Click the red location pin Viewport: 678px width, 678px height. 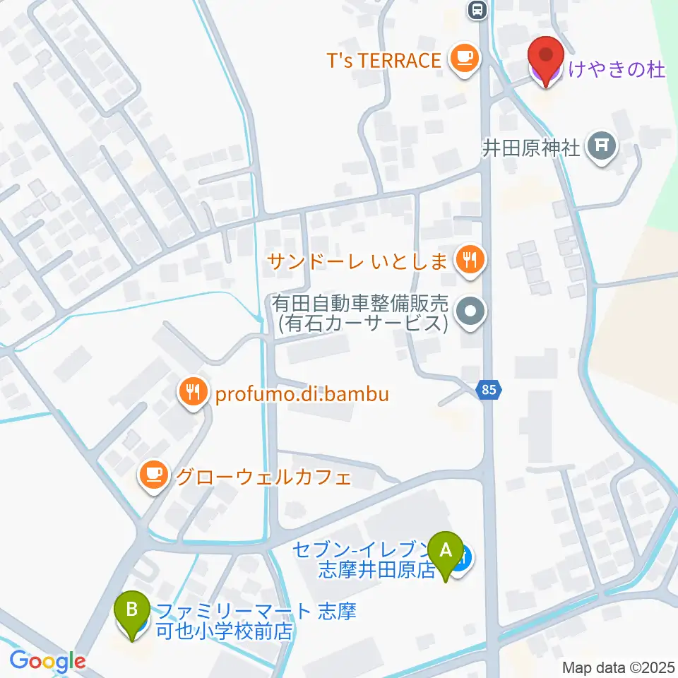pos(546,56)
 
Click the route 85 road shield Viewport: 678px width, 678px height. pos(489,388)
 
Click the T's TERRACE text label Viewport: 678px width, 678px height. pos(383,61)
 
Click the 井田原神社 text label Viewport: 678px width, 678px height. pos(531,148)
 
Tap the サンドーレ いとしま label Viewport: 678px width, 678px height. pos(357,262)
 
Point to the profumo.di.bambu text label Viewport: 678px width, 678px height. pos(302,393)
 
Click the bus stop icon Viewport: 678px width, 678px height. pos(478,10)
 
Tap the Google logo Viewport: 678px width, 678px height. pos(47,661)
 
